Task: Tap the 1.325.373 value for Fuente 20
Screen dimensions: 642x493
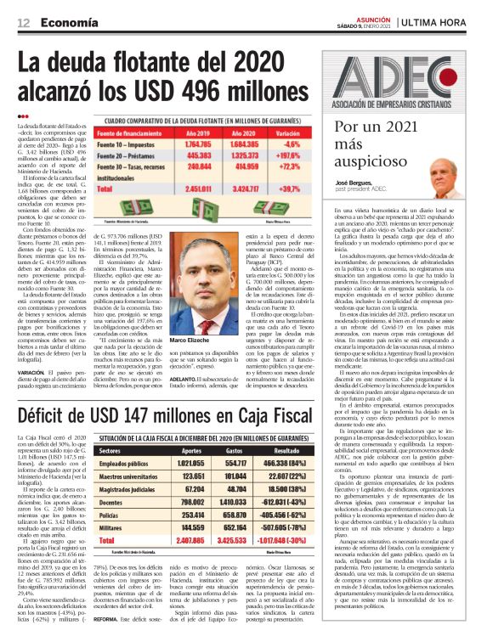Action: point(244,155)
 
